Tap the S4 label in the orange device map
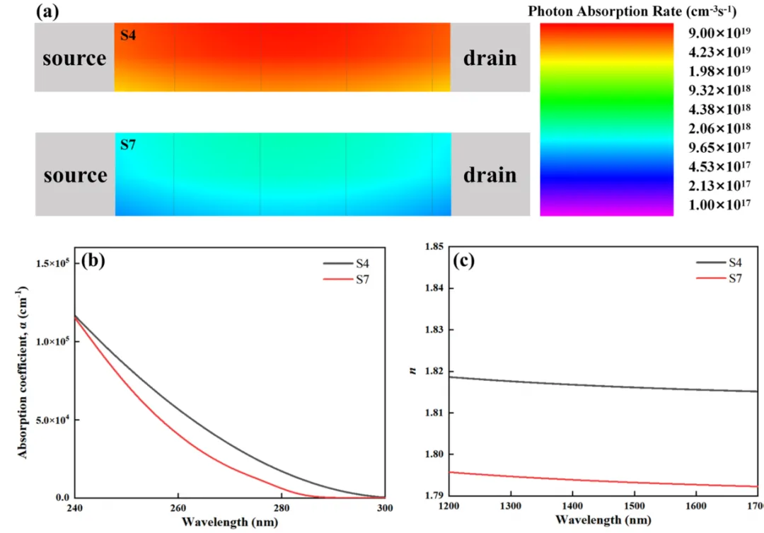tap(127, 35)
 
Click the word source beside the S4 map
tap(74, 58)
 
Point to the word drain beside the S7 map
tap(490, 174)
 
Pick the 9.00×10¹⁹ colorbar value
tap(717, 33)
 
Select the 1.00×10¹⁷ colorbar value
tap(717, 205)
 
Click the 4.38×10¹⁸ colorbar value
tap(717, 110)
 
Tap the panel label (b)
tap(93, 260)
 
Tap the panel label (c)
tap(463, 260)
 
